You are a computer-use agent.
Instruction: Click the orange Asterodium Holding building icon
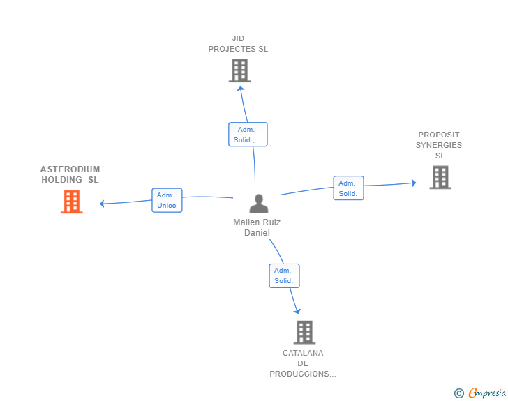coord(72,202)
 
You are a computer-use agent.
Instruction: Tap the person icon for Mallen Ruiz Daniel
coord(259,204)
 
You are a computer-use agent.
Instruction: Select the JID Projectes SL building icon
coord(240,70)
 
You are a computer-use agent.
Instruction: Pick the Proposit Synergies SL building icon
coord(440,177)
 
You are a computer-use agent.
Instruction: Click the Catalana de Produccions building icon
coord(304,333)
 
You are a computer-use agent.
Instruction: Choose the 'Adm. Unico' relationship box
coord(167,200)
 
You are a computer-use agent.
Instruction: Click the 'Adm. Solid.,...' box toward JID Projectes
coord(248,135)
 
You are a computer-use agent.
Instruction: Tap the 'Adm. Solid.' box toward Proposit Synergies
coord(349,188)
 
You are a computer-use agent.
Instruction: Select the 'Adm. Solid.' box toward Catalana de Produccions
coord(284,275)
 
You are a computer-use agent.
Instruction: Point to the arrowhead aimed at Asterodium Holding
coord(102,204)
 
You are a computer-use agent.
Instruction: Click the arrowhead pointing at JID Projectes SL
coord(240,89)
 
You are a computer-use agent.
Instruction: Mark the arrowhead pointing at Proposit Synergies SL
coord(414,183)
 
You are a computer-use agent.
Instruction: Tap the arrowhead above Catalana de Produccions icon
coord(297,311)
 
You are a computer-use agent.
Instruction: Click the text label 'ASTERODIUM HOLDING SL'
coord(70,174)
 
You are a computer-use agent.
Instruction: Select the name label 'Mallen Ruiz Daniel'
coord(257,227)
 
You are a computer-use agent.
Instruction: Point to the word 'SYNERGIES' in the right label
coord(439,145)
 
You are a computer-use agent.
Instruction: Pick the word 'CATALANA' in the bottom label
coord(303,353)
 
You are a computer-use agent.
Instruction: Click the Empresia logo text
coord(487,393)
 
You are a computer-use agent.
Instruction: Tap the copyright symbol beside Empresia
coord(459,393)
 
